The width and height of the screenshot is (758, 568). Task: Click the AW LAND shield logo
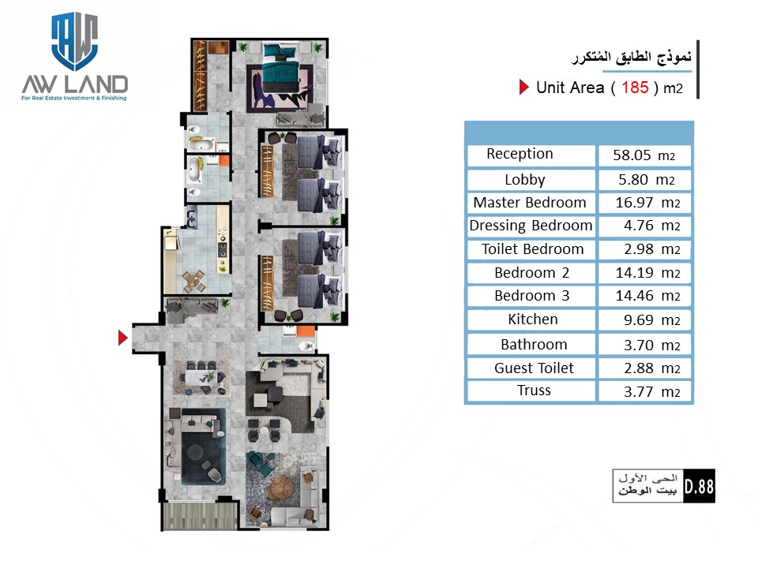(x=74, y=41)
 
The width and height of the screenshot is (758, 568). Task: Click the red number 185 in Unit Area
(x=635, y=88)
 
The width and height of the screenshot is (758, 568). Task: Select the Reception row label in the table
(x=520, y=154)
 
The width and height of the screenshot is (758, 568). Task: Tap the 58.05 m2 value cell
(x=644, y=155)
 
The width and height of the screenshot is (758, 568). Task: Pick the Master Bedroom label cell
(x=531, y=203)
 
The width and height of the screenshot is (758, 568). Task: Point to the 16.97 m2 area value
(x=647, y=203)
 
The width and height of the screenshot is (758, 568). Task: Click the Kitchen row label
(x=533, y=319)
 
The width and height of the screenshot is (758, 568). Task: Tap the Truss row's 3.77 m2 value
(x=651, y=392)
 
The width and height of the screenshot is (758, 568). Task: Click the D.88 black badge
(x=699, y=486)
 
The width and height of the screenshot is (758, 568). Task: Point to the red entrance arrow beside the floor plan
(x=123, y=338)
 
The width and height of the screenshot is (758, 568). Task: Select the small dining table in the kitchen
(x=194, y=281)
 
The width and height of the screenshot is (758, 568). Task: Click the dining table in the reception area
(x=201, y=377)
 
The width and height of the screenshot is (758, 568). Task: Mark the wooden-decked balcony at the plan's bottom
(x=200, y=515)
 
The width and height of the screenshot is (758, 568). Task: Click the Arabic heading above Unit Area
(x=632, y=57)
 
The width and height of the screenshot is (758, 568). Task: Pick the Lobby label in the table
(x=525, y=180)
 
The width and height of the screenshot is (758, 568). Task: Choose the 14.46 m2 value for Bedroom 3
(x=647, y=296)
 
